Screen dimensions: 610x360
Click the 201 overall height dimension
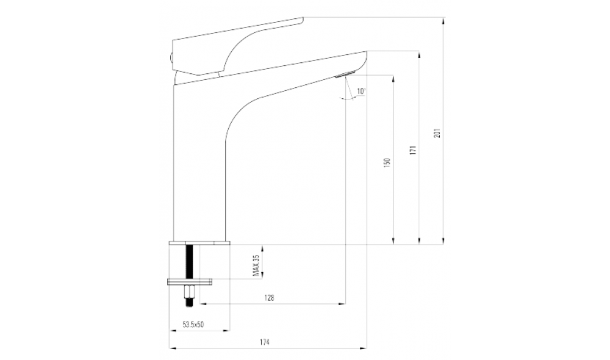tap(437, 133)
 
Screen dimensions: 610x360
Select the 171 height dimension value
tap(413, 150)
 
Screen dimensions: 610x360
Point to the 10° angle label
tap(361, 91)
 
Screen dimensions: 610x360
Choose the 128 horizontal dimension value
tap(269, 298)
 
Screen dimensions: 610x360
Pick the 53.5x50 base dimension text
tap(193, 324)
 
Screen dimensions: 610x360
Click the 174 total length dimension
tap(265, 342)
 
